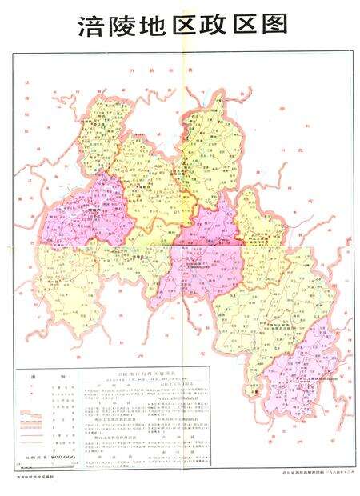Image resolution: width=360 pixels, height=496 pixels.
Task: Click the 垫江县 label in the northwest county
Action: (102, 126)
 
